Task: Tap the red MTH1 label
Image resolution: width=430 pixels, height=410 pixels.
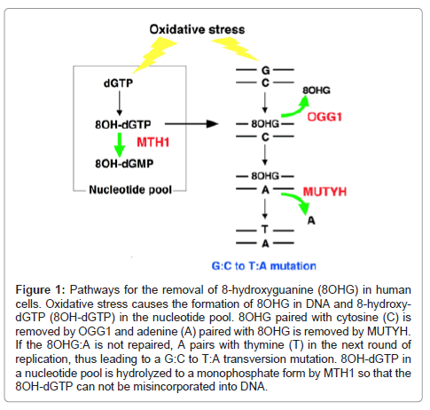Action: (x=153, y=143)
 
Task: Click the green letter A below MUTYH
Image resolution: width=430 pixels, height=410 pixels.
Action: (x=309, y=222)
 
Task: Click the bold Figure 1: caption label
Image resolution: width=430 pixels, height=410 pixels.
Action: (x=49, y=293)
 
